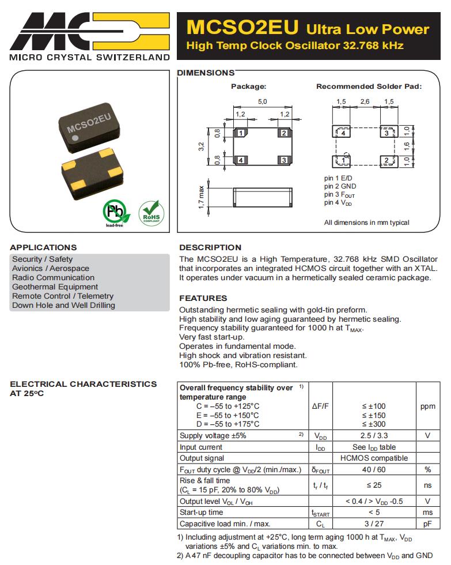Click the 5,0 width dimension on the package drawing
(x=262, y=102)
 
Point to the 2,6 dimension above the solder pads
(x=365, y=102)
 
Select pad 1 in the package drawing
(x=242, y=133)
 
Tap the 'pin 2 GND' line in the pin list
(x=340, y=186)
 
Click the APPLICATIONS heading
(x=43, y=247)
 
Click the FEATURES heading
(x=203, y=298)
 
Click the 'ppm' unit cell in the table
(x=427, y=406)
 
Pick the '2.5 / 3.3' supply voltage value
(x=374, y=436)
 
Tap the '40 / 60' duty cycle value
(x=374, y=469)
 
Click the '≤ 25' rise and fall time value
(x=374, y=485)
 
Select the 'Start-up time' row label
(x=202, y=513)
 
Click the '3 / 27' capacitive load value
(x=374, y=523)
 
